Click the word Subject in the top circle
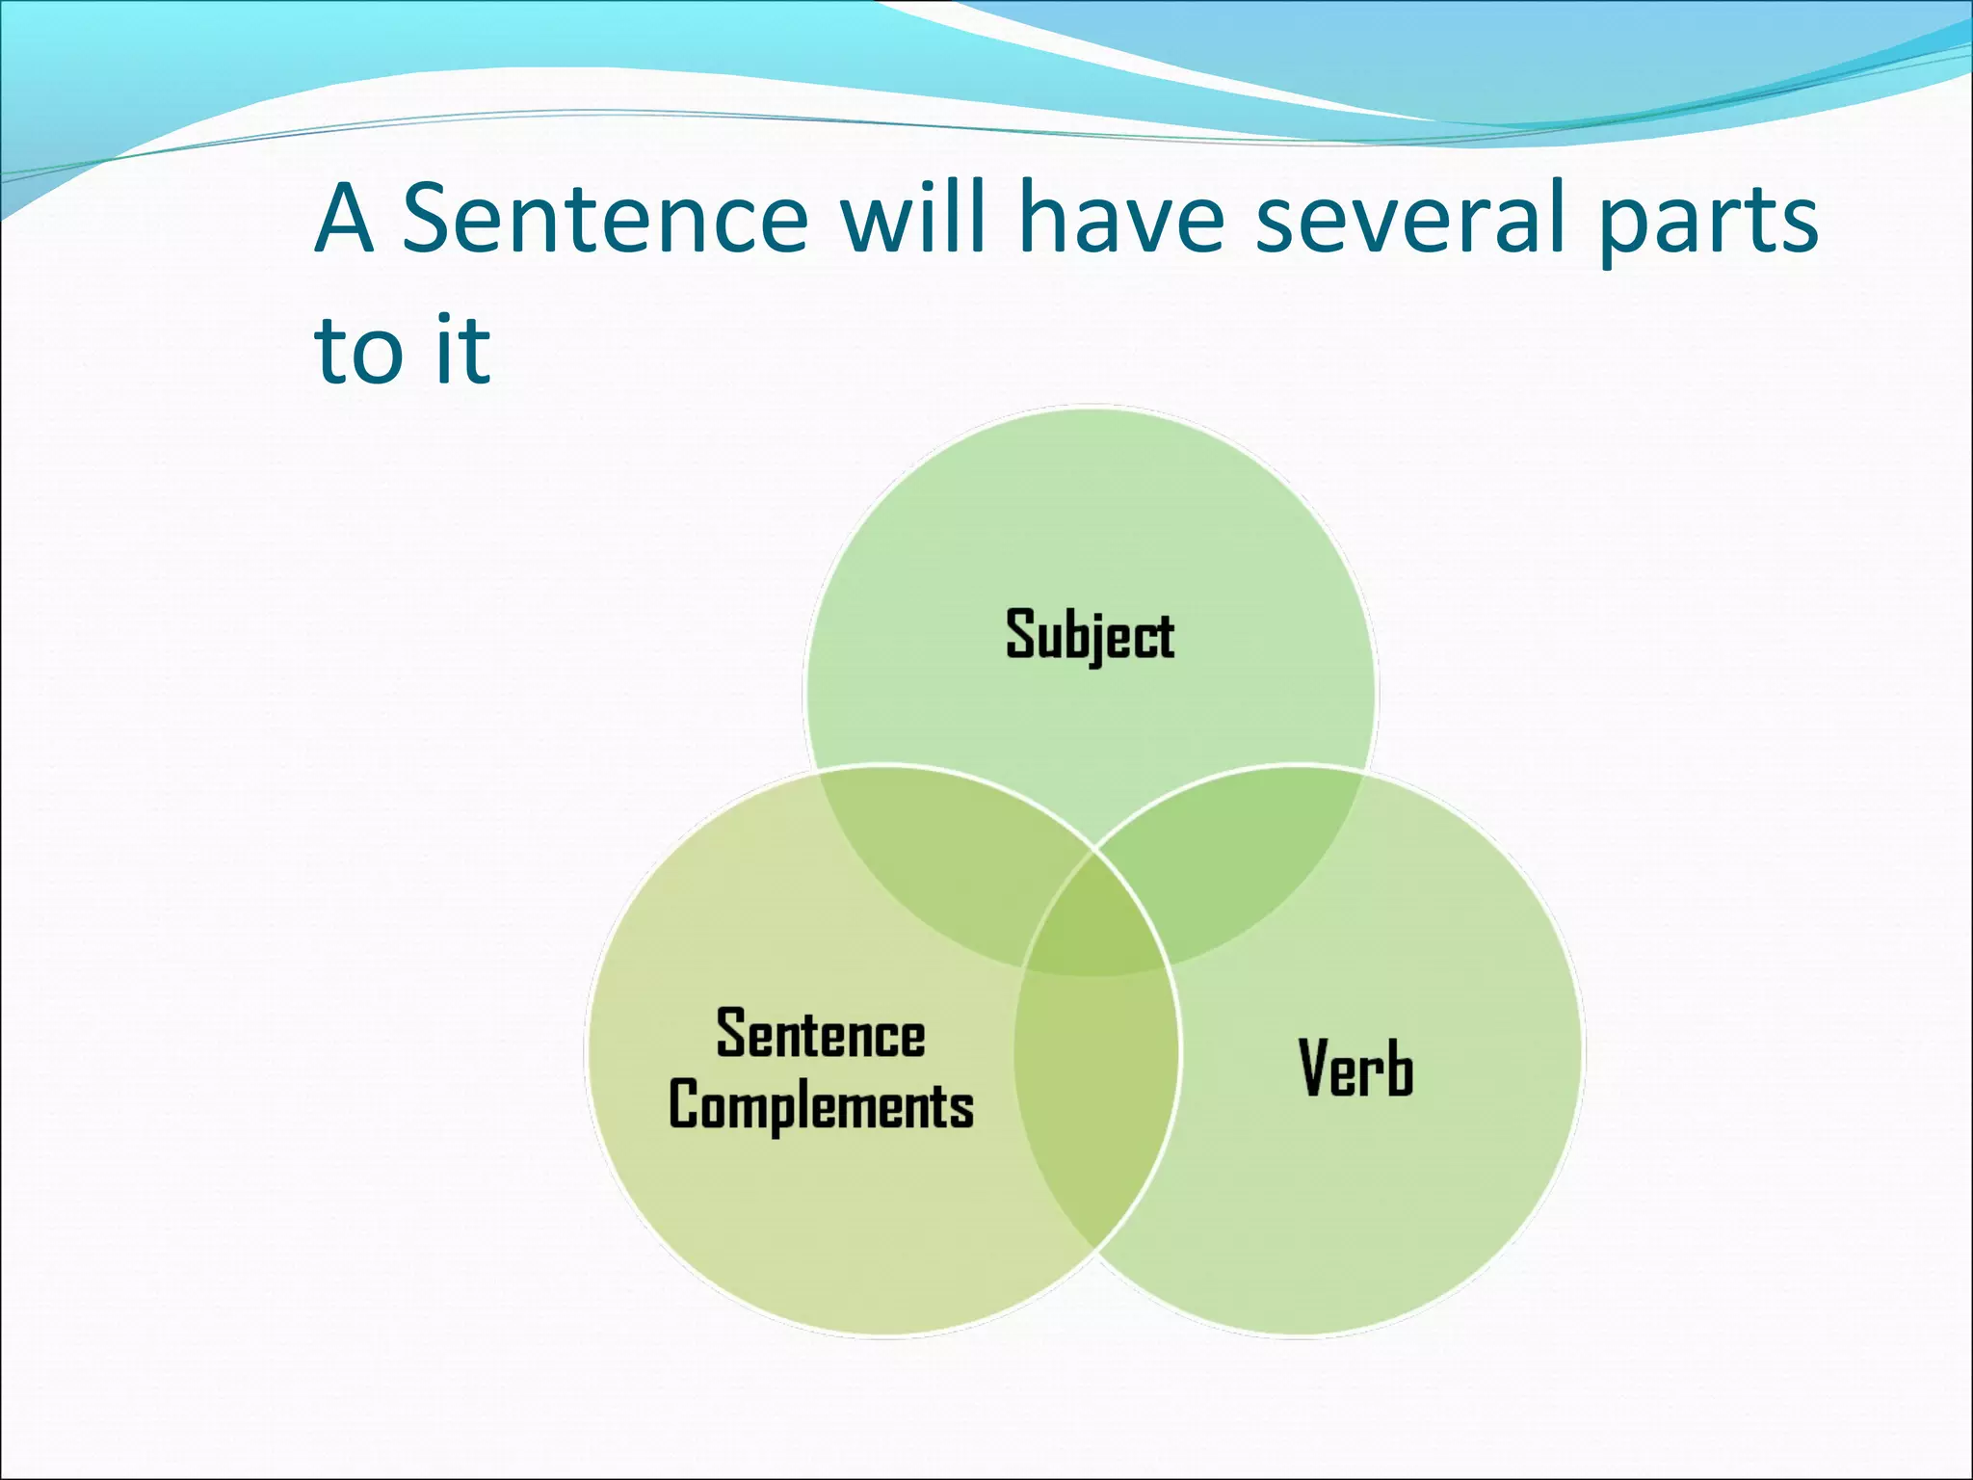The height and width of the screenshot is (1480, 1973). point(1090,635)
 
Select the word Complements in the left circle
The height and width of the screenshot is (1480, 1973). point(821,1106)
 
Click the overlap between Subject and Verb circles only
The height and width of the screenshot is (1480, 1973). point(1243,867)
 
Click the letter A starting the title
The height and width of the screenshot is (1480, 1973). point(344,220)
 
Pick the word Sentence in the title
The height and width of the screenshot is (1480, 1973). point(605,220)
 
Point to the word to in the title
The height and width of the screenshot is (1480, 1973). point(356,352)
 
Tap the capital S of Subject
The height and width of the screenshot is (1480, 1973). point(1019,634)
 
